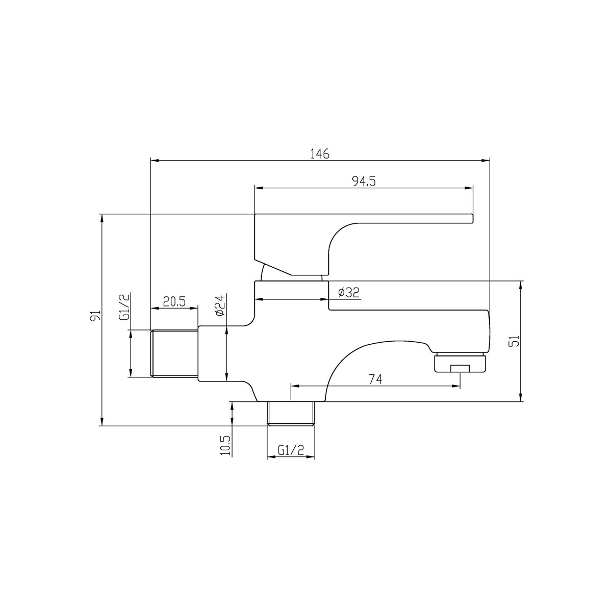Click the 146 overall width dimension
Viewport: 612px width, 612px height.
(x=320, y=154)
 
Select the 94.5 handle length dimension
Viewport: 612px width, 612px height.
(x=364, y=182)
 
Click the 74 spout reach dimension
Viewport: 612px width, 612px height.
(x=375, y=378)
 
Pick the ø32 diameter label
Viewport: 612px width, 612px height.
(x=349, y=292)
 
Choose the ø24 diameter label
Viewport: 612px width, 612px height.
(x=220, y=305)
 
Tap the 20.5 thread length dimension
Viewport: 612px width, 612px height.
(x=174, y=301)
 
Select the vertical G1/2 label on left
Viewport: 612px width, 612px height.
(x=125, y=307)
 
